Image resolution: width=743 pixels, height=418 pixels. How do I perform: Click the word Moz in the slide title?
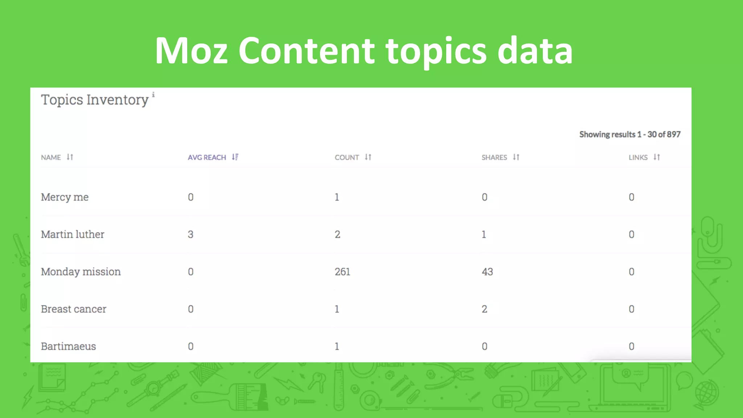click(x=191, y=51)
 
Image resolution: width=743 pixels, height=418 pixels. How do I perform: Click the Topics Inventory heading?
click(x=95, y=100)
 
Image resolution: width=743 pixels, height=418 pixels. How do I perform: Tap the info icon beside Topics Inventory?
click(x=153, y=95)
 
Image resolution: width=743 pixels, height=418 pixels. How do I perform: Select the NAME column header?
click(x=51, y=157)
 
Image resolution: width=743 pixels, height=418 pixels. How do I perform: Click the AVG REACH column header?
click(x=207, y=157)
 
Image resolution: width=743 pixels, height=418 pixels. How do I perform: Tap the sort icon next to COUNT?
click(x=368, y=157)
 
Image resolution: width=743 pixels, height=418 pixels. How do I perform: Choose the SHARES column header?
click(x=494, y=157)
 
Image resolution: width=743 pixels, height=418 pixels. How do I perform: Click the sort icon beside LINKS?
click(x=657, y=157)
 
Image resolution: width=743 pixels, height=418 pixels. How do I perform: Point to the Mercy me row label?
click(x=65, y=197)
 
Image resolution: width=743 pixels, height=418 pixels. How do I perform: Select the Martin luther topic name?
click(x=73, y=234)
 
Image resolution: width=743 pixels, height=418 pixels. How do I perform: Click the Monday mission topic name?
click(x=81, y=272)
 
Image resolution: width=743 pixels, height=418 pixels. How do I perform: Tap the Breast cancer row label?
click(x=74, y=309)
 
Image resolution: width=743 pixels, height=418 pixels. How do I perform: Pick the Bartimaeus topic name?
click(x=68, y=347)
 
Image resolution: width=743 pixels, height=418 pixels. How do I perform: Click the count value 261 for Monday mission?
click(x=342, y=272)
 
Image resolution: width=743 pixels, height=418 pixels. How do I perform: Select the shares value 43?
click(x=487, y=272)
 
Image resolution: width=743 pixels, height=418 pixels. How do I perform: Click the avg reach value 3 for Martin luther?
click(x=190, y=234)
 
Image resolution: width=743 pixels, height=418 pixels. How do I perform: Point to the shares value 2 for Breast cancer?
click(x=484, y=309)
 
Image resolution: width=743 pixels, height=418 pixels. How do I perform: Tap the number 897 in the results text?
click(x=673, y=135)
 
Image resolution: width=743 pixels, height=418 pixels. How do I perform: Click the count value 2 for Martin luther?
click(x=337, y=234)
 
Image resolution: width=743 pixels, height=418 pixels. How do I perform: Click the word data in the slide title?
click(x=535, y=51)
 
